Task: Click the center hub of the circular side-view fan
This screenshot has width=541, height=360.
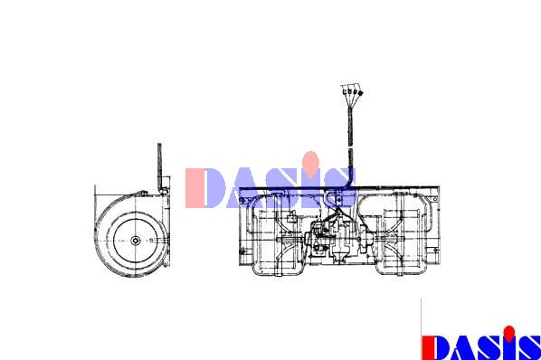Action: pos(136,241)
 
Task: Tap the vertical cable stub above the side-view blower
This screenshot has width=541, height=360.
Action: pos(159,167)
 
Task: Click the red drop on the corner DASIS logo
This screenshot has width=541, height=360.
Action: pos(509,333)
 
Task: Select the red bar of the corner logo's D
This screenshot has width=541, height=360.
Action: pos(427,347)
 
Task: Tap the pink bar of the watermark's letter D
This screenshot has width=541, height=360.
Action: pos(194,188)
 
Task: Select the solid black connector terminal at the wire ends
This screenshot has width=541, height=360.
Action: pos(361,93)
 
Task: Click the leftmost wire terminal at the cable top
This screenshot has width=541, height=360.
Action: pos(345,92)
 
